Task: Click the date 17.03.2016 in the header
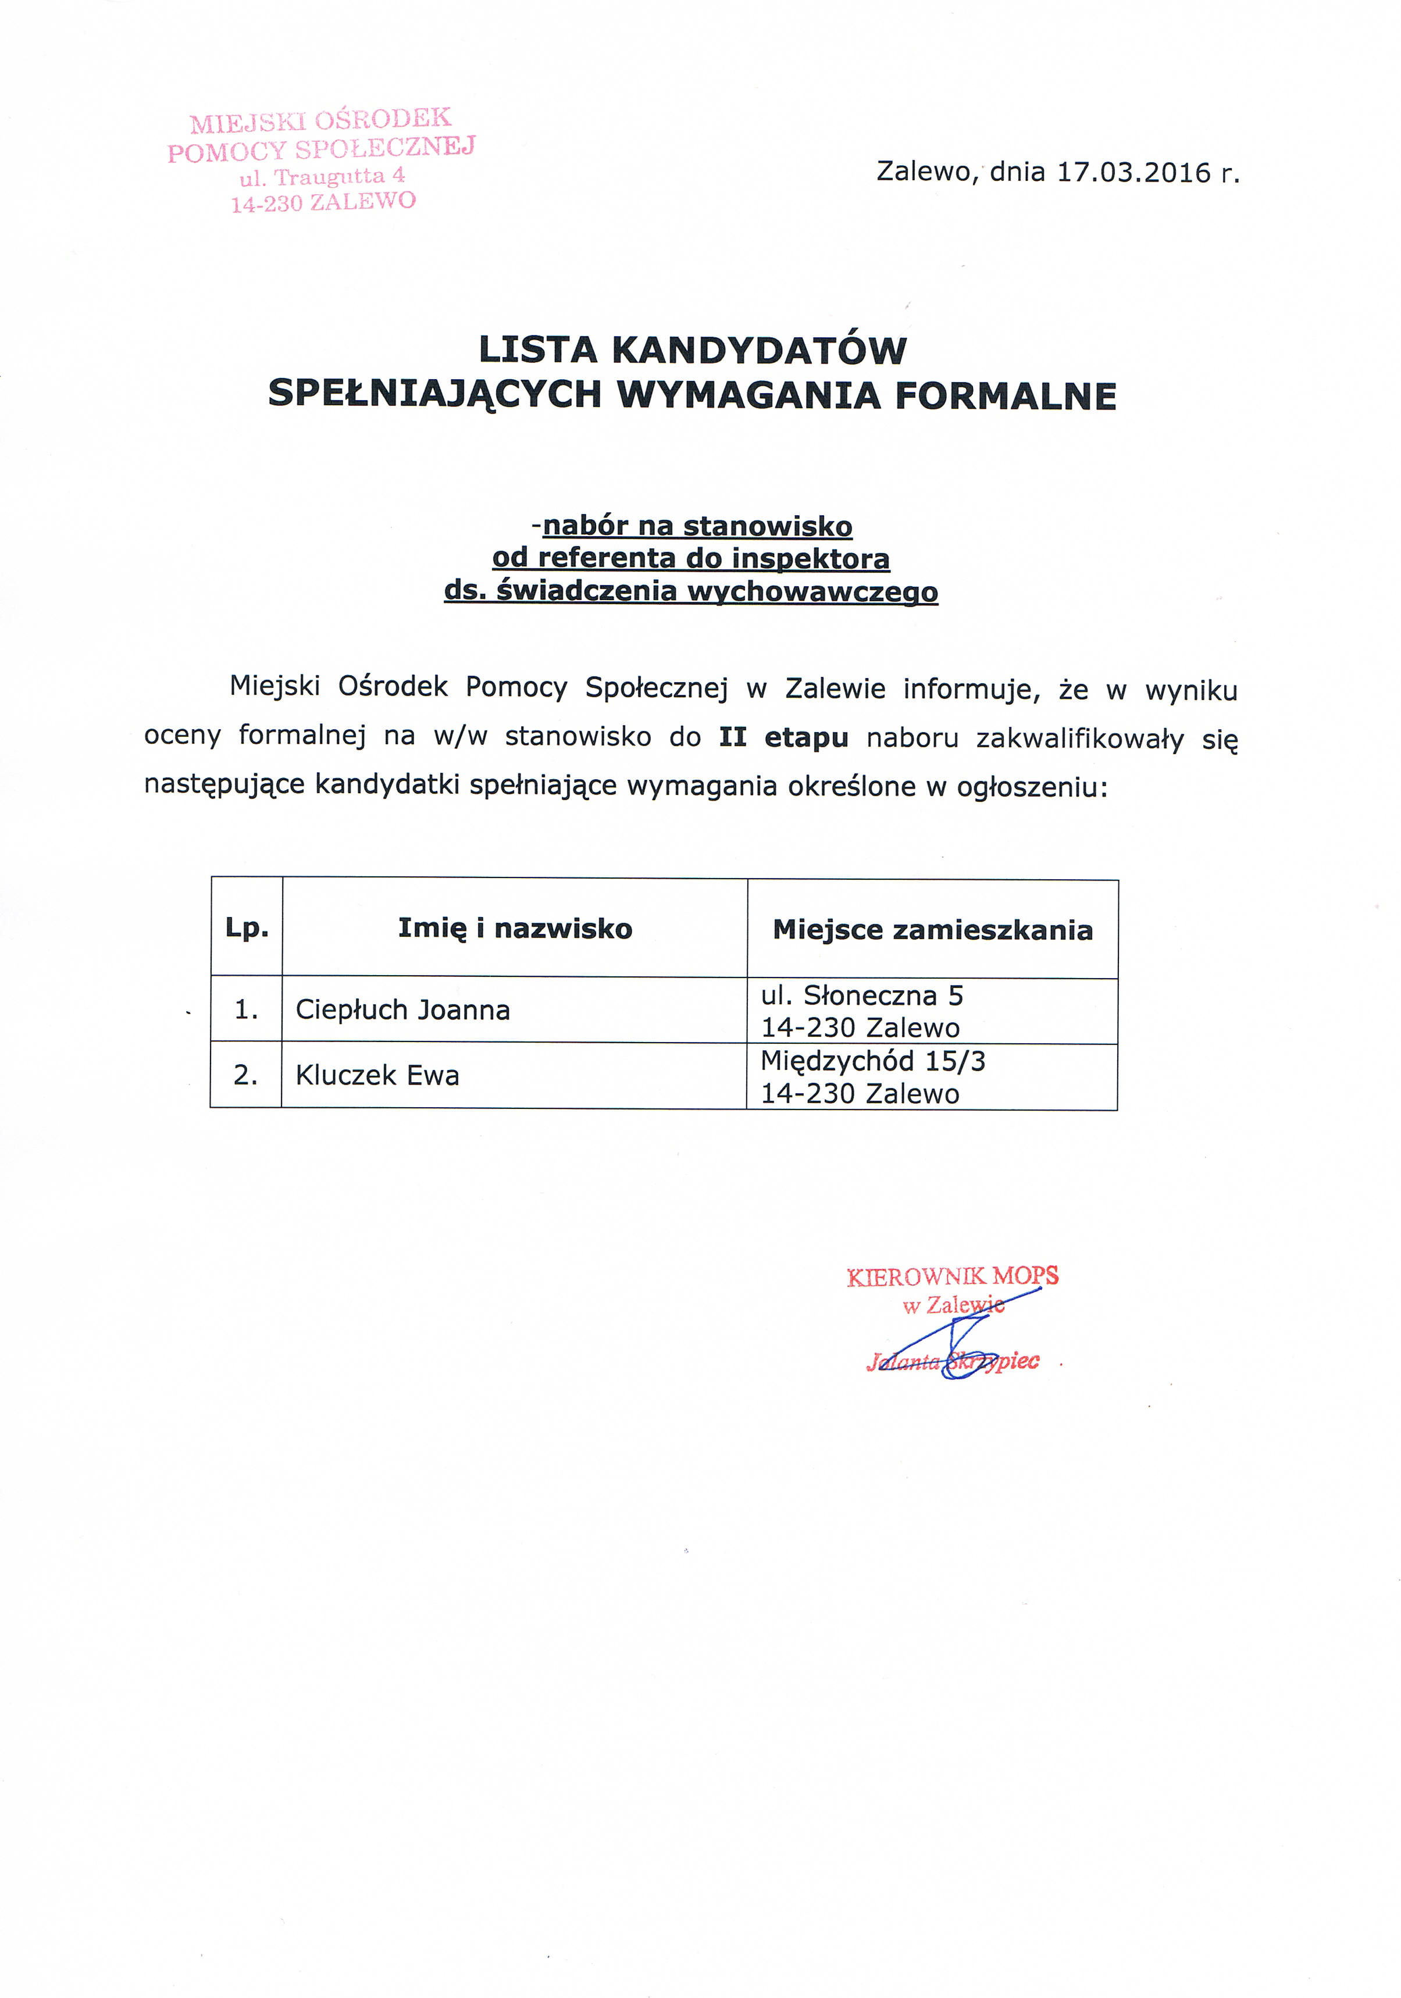click(x=1134, y=172)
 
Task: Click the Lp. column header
click(x=247, y=927)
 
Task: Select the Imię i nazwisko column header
click(x=515, y=929)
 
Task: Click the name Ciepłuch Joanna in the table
click(x=403, y=1009)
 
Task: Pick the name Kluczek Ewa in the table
click(x=377, y=1076)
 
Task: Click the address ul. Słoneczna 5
click(x=861, y=995)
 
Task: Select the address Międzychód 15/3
click(x=873, y=1061)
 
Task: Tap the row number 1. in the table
click(x=246, y=1009)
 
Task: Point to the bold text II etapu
click(x=783, y=737)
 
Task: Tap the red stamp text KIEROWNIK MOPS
click(x=952, y=1276)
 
